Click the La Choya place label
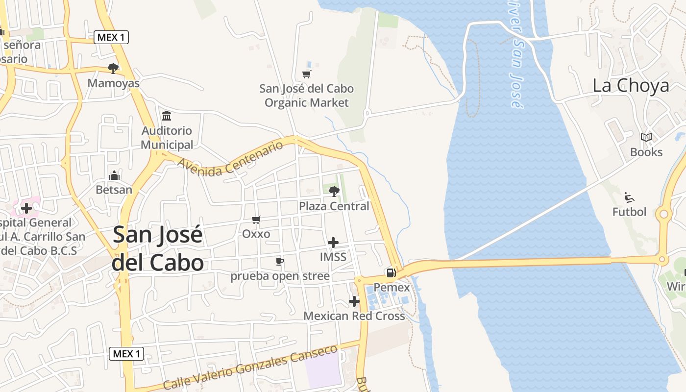pyautogui.click(x=630, y=86)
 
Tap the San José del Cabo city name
pyautogui.click(x=157, y=248)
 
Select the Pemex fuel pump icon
pyautogui.click(x=391, y=273)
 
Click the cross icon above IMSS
pyautogui.click(x=333, y=243)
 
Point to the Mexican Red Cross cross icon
pyautogui.click(x=354, y=301)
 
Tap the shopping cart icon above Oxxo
pyautogui.click(x=256, y=220)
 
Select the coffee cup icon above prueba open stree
pyautogui.click(x=279, y=261)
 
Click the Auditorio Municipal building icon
pyautogui.click(x=167, y=116)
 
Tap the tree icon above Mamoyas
pyautogui.click(x=113, y=69)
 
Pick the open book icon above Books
pyautogui.click(x=646, y=138)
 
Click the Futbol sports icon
pyautogui.click(x=630, y=197)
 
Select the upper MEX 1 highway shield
pyautogui.click(x=111, y=37)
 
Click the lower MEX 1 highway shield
pyautogui.click(x=126, y=353)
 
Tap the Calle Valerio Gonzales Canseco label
pyautogui.click(x=250, y=367)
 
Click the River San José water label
pyautogui.click(x=516, y=54)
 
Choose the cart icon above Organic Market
pyautogui.click(x=307, y=74)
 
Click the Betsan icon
pyautogui.click(x=114, y=175)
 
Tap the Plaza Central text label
pyautogui.click(x=334, y=206)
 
